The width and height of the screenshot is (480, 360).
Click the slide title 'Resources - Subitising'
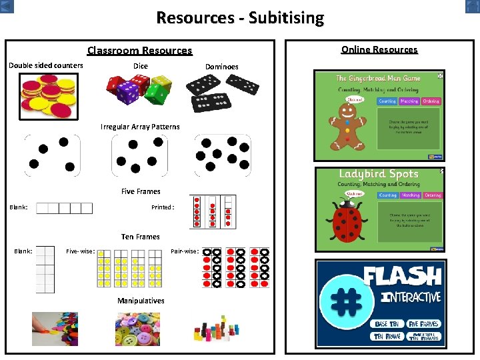tap(240, 17)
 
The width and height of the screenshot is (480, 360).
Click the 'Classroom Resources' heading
tap(139, 51)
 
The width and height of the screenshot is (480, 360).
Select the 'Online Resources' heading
tap(379, 49)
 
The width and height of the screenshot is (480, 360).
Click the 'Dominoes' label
tap(221, 67)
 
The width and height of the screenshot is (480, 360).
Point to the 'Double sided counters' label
tap(46, 65)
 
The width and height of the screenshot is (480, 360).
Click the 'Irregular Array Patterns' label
tap(140, 127)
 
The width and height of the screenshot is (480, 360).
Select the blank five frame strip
tap(64, 208)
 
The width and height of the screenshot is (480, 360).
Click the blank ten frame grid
tap(45, 269)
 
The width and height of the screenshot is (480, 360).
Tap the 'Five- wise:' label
tap(80, 251)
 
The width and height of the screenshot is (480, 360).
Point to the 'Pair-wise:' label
tap(185, 251)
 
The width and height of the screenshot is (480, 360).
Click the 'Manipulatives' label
tap(141, 301)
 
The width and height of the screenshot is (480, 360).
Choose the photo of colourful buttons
tap(137, 329)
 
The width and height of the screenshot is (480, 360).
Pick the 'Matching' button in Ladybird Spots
tap(410, 195)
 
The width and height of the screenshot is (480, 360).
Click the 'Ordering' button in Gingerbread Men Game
tap(431, 101)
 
